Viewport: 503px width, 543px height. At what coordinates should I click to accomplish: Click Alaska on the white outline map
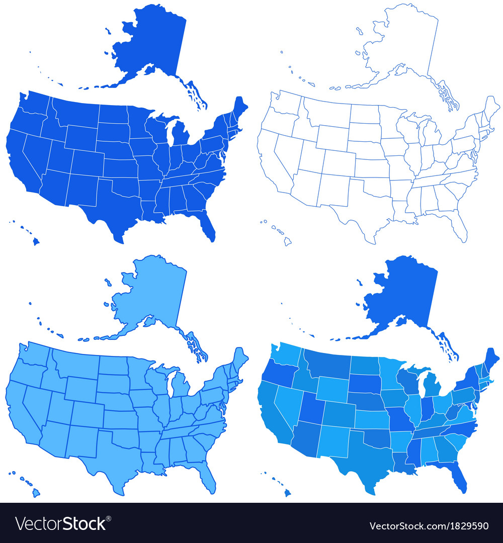coord(402,45)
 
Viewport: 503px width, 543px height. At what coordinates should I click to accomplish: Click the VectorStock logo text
coord(60,524)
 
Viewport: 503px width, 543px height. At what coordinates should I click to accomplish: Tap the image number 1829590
coord(466,526)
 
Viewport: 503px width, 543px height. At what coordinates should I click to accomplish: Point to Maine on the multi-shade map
coord(491,359)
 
